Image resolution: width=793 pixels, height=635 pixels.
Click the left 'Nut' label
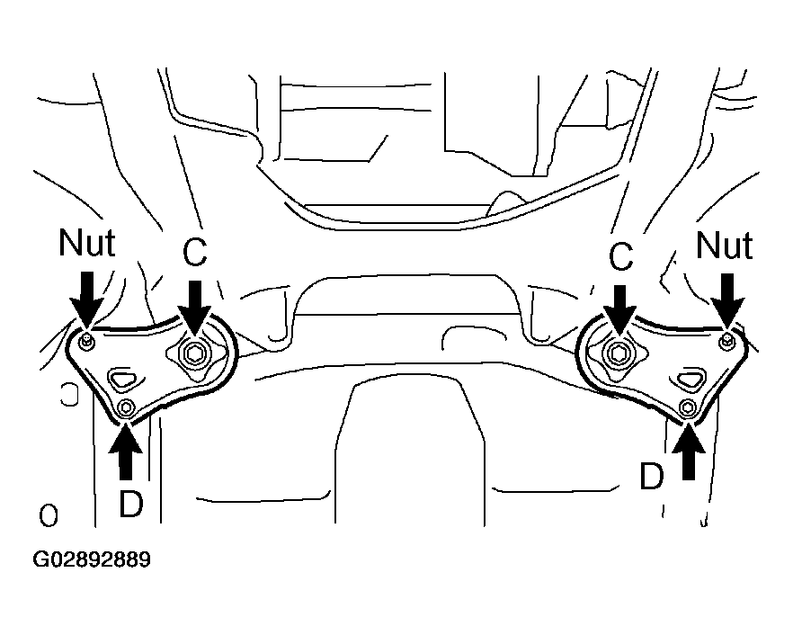point(87,243)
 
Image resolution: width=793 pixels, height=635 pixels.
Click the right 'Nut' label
point(725,246)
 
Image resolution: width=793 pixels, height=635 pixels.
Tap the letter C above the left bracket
point(195,252)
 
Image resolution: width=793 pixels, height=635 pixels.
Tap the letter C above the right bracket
point(620,255)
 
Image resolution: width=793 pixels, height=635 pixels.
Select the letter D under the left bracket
point(131,503)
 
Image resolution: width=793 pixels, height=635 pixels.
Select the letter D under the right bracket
point(651,476)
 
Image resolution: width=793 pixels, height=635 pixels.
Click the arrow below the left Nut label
point(87,300)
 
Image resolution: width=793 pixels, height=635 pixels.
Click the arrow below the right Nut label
point(727,301)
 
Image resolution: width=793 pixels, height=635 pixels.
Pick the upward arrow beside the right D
point(689,451)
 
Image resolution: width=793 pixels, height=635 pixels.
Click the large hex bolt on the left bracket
point(193,353)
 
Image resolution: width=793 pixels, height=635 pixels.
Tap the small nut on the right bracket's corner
point(726,341)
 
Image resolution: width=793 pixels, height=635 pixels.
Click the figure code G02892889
point(92,559)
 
